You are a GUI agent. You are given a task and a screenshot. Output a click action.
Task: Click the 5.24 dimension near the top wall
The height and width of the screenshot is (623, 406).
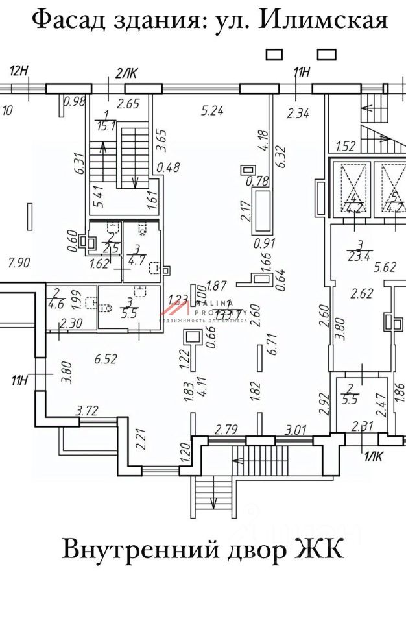point(212,111)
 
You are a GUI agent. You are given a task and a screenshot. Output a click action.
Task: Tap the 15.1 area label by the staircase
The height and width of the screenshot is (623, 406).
point(105,126)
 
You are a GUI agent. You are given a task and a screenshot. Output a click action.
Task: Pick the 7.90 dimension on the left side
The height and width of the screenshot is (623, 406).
point(19,263)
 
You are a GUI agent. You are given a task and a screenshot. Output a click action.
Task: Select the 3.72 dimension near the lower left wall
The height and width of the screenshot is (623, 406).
point(88,410)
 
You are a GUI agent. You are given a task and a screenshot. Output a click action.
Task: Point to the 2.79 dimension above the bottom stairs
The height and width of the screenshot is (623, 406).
point(227,429)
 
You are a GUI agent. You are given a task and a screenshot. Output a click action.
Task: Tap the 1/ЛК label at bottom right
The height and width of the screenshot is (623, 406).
point(372,456)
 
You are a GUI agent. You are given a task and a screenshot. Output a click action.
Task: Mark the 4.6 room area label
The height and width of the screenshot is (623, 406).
point(56,302)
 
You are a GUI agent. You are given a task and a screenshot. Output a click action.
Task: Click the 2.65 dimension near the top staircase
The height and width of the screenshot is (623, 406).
point(128,102)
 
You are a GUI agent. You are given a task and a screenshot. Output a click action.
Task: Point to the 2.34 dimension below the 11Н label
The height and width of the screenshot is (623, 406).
point(298,114)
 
